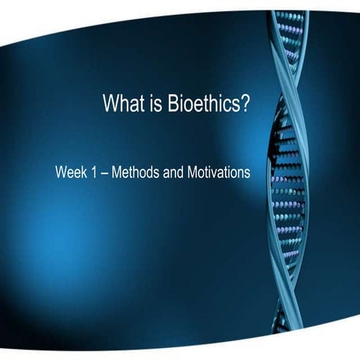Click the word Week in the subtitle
click(70, 172)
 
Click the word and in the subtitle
click(169, 172)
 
